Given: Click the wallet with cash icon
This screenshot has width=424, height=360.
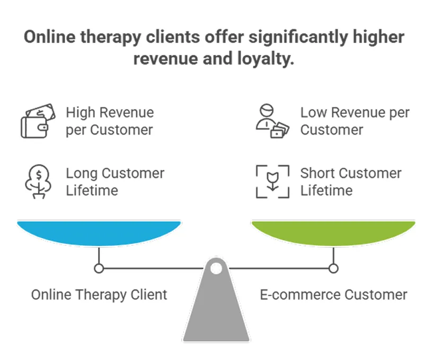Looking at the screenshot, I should point(37,121).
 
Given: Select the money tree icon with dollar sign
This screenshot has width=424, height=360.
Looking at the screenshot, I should point(37,182).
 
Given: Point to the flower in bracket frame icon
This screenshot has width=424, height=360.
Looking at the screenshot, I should point(272,182).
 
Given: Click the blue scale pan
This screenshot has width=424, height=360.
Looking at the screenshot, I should point(99,232).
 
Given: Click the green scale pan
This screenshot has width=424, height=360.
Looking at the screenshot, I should point(333,232).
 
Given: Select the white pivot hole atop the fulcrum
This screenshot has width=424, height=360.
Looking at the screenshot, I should point(216,268).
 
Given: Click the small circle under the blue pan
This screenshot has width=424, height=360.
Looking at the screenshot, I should point(99,268).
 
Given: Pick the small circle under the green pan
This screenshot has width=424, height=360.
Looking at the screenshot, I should point(333,268).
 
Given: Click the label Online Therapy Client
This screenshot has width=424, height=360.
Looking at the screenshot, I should point(99,294).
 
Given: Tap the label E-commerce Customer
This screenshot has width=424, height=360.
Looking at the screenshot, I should point(333,294).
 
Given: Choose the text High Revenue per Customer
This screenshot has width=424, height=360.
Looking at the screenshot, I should point(110,121).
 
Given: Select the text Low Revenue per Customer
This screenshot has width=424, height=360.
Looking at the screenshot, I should point(355,121).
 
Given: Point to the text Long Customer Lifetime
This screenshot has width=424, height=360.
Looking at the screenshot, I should point(115,182).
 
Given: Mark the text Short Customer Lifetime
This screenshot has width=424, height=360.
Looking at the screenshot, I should point(351,182).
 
